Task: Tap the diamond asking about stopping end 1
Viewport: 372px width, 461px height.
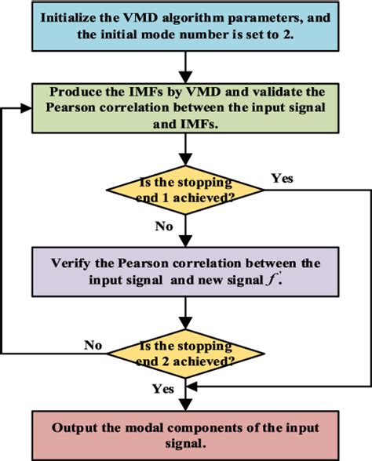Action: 185,189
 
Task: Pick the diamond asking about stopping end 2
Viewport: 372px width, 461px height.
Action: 185,348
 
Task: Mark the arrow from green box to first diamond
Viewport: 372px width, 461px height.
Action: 185,151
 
